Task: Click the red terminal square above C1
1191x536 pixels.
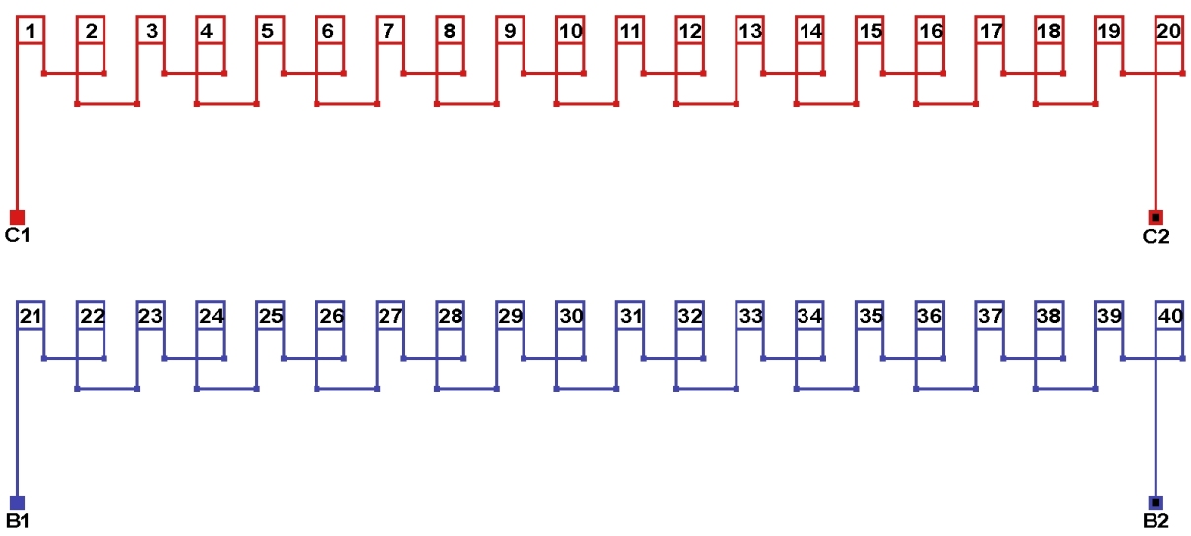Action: point(17,217)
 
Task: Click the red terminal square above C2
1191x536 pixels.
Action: point(1156,217)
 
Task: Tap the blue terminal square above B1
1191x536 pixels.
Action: point(17,502)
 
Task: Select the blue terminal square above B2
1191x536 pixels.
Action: point(1156,502)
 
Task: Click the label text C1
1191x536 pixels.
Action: point(18,236)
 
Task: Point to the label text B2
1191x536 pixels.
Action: point(1156,521)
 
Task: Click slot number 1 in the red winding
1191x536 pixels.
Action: point(31,31)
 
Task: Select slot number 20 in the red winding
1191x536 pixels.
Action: point(1168,31)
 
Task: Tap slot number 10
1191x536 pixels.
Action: point(570,31)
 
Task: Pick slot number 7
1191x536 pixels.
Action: point(389,31)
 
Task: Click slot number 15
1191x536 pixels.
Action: point(870,31)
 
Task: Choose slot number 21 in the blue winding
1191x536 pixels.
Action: point(31,316)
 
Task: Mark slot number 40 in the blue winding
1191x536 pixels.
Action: point(1168,316)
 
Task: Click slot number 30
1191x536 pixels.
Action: point(570,316)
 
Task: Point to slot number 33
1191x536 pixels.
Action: point(750,316)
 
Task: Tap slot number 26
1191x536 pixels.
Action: point(330,316)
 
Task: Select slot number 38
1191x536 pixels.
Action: point(1049,316)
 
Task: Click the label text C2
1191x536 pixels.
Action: point(1156,236)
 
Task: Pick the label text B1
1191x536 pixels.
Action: point(18,521)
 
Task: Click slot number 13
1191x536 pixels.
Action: point(750,31)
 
